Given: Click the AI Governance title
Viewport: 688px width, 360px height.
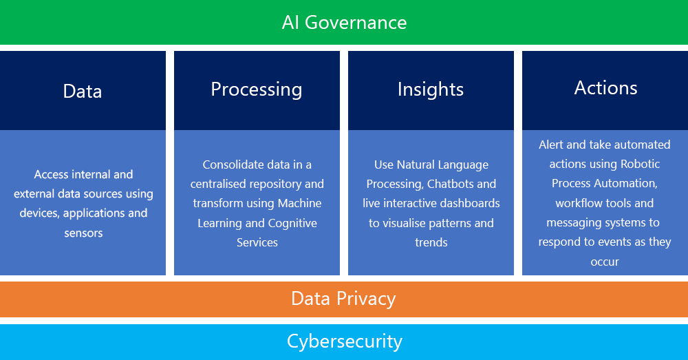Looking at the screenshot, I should click(x=344, y=22).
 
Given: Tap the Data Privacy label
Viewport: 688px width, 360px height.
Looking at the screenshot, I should click(x=343, y=299).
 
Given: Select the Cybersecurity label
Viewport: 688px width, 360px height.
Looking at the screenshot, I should click(x=344, y=341).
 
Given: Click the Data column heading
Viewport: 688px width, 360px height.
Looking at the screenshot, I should click(x=83, y=91).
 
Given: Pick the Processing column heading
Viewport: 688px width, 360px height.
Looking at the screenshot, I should click(x=256, y=89).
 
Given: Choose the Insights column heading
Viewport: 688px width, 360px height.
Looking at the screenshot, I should click(x=431, y=89).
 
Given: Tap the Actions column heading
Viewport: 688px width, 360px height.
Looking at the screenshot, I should click(x=605, y=87).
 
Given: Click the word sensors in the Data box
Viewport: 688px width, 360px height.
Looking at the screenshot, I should click(x=83, y=233).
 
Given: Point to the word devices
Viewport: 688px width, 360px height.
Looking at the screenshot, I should click(x=39, y=213).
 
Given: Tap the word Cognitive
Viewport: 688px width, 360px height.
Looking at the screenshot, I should click(x=292, y=223).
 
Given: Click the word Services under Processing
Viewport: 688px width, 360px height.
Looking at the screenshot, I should click(x=257, y=242).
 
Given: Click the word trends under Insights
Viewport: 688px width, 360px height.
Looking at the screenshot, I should click(x=431, y=242).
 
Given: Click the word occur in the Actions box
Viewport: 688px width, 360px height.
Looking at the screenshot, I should click(x=605, y=262).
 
